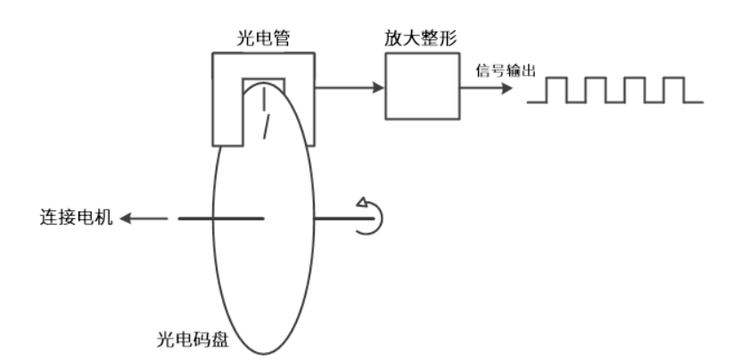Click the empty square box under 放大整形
pyautogui.click(x=422, y=86)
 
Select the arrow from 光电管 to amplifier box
pyautogui.click(x=350, y=87)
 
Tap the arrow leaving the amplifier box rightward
pyautogui.click(x=487, y=87)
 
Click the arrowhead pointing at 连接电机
pyautogui.click(x=127, y=218)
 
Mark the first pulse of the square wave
pyautogui.click(x=558, y=90)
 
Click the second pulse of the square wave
pyautogui.click(x=597, y=90)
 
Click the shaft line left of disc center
pyautogui.click(x=219, y=218)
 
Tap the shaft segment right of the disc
pyautogui.click(x=335, y=218)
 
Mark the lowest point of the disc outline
pyautogui.click(x=263, y=354)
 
